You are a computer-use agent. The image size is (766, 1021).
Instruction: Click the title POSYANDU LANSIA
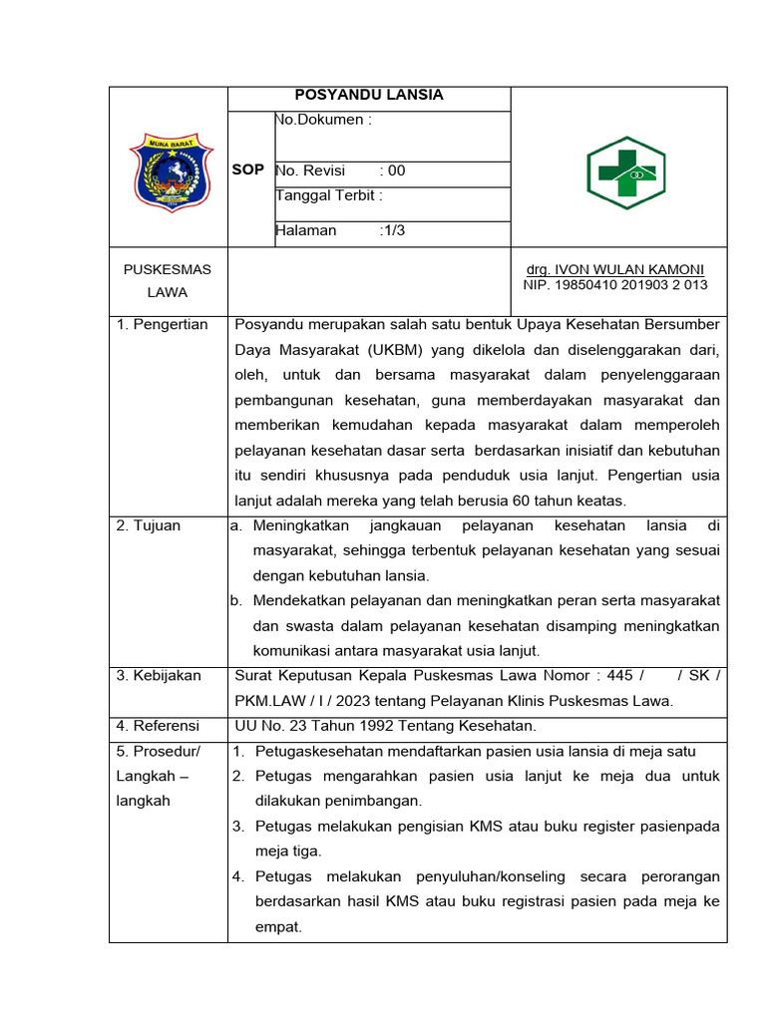369,96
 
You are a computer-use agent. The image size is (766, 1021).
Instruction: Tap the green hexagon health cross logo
625,172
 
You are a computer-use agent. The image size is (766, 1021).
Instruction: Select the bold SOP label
248,170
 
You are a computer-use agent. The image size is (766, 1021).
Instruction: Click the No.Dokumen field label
323,121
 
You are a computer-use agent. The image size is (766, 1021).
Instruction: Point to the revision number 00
397,170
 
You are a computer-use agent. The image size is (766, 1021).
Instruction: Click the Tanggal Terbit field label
329,195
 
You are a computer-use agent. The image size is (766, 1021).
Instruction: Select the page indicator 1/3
393,230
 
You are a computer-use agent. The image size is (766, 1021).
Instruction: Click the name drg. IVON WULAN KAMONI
614,270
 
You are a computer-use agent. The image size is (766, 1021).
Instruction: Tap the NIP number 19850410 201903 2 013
614,285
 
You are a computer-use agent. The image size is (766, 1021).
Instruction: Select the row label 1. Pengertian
163,325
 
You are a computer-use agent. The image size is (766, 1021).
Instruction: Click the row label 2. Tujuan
149,525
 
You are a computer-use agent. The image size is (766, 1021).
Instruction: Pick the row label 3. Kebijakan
159,676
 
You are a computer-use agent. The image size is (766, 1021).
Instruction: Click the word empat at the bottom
278,926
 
